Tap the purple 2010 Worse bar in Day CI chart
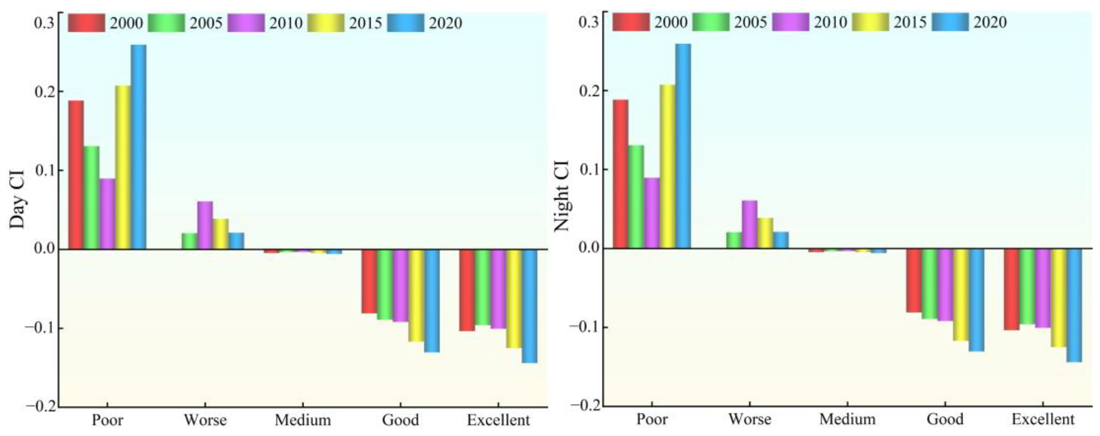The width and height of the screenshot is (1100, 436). pos(205,225)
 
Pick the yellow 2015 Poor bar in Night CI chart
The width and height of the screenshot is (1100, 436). pos(667,167)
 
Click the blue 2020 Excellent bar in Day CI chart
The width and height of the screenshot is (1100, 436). pos(530,306)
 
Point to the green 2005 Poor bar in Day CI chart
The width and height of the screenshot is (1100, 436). pos(91,197)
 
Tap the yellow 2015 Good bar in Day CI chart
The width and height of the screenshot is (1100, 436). pos(416,295)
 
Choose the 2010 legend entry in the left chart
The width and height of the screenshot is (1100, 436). pos(265,23)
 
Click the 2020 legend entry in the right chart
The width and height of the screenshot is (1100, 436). pos(969,22)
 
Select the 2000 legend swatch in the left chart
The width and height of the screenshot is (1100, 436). pos(86,23)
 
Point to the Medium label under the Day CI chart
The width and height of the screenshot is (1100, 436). pos(303,420)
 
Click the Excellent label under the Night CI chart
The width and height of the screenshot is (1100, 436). pos(1043,419)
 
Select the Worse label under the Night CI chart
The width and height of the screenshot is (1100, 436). pos(750,419)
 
